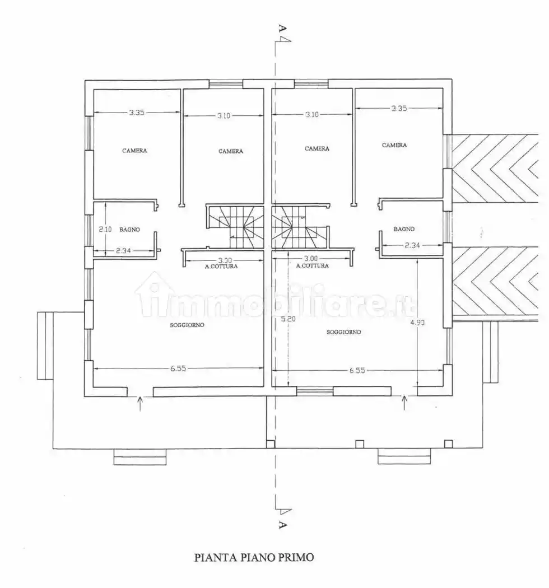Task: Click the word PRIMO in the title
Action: (296, 558)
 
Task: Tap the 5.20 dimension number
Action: (288, 319)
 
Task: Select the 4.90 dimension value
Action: (418, 322)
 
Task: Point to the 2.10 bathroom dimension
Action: (105, 229)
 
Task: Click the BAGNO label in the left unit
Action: (130, 230)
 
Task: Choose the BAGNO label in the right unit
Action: (404, 228)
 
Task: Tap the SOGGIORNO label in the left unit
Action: (187, 325)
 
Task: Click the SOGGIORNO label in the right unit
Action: (344, 332)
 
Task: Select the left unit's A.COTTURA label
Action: (221, 266)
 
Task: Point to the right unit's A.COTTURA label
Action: (312, 265)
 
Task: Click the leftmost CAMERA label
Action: (134, 151)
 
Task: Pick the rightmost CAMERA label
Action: (394, 145)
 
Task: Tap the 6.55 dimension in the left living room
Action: (178, 368)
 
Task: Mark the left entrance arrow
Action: (141, 404)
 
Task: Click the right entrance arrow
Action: (404, 403)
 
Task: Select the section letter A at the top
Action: (282, 28)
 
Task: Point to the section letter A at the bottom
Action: (282, 525)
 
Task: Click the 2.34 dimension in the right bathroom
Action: (412, 245)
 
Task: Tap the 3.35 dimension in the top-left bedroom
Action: (137, 112)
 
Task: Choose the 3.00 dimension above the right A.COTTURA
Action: (311, 258)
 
